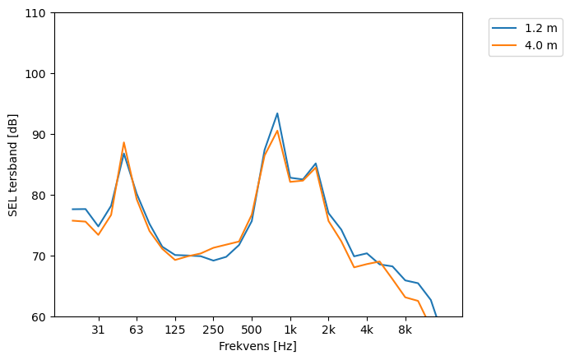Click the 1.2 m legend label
click(x=540, y=28)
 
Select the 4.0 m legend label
click(x=540, y=45)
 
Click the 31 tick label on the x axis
click(x=98, y=330)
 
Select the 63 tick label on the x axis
click(x=137, y=330)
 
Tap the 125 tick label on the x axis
click(x=175, y=330)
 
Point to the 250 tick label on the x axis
click(x=213, y=330)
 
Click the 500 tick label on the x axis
click(x=252, y=330)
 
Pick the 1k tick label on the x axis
click(x=290, y=330)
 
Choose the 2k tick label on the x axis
click(x=328, y=330)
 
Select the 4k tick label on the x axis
click(x=367, y=330)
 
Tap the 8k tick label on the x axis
click(x=405, y=330)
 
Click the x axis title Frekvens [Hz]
click(x=257, y=346)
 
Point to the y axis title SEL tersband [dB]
click(x=13, y=165)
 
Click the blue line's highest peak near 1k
click(x=277, y=113)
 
